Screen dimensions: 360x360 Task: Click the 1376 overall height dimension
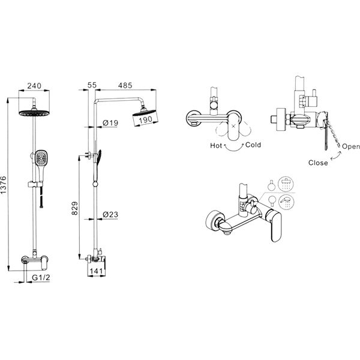4,185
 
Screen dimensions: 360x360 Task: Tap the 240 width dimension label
34,86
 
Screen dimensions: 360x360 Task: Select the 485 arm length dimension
125,85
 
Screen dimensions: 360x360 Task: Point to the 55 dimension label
92,85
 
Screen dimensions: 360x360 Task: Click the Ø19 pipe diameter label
110,123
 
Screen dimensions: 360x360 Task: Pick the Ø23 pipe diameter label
110,215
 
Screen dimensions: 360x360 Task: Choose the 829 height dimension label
74,208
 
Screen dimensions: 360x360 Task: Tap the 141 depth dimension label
96,271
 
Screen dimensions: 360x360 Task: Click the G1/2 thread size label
41,278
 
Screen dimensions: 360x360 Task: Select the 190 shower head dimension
145,119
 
